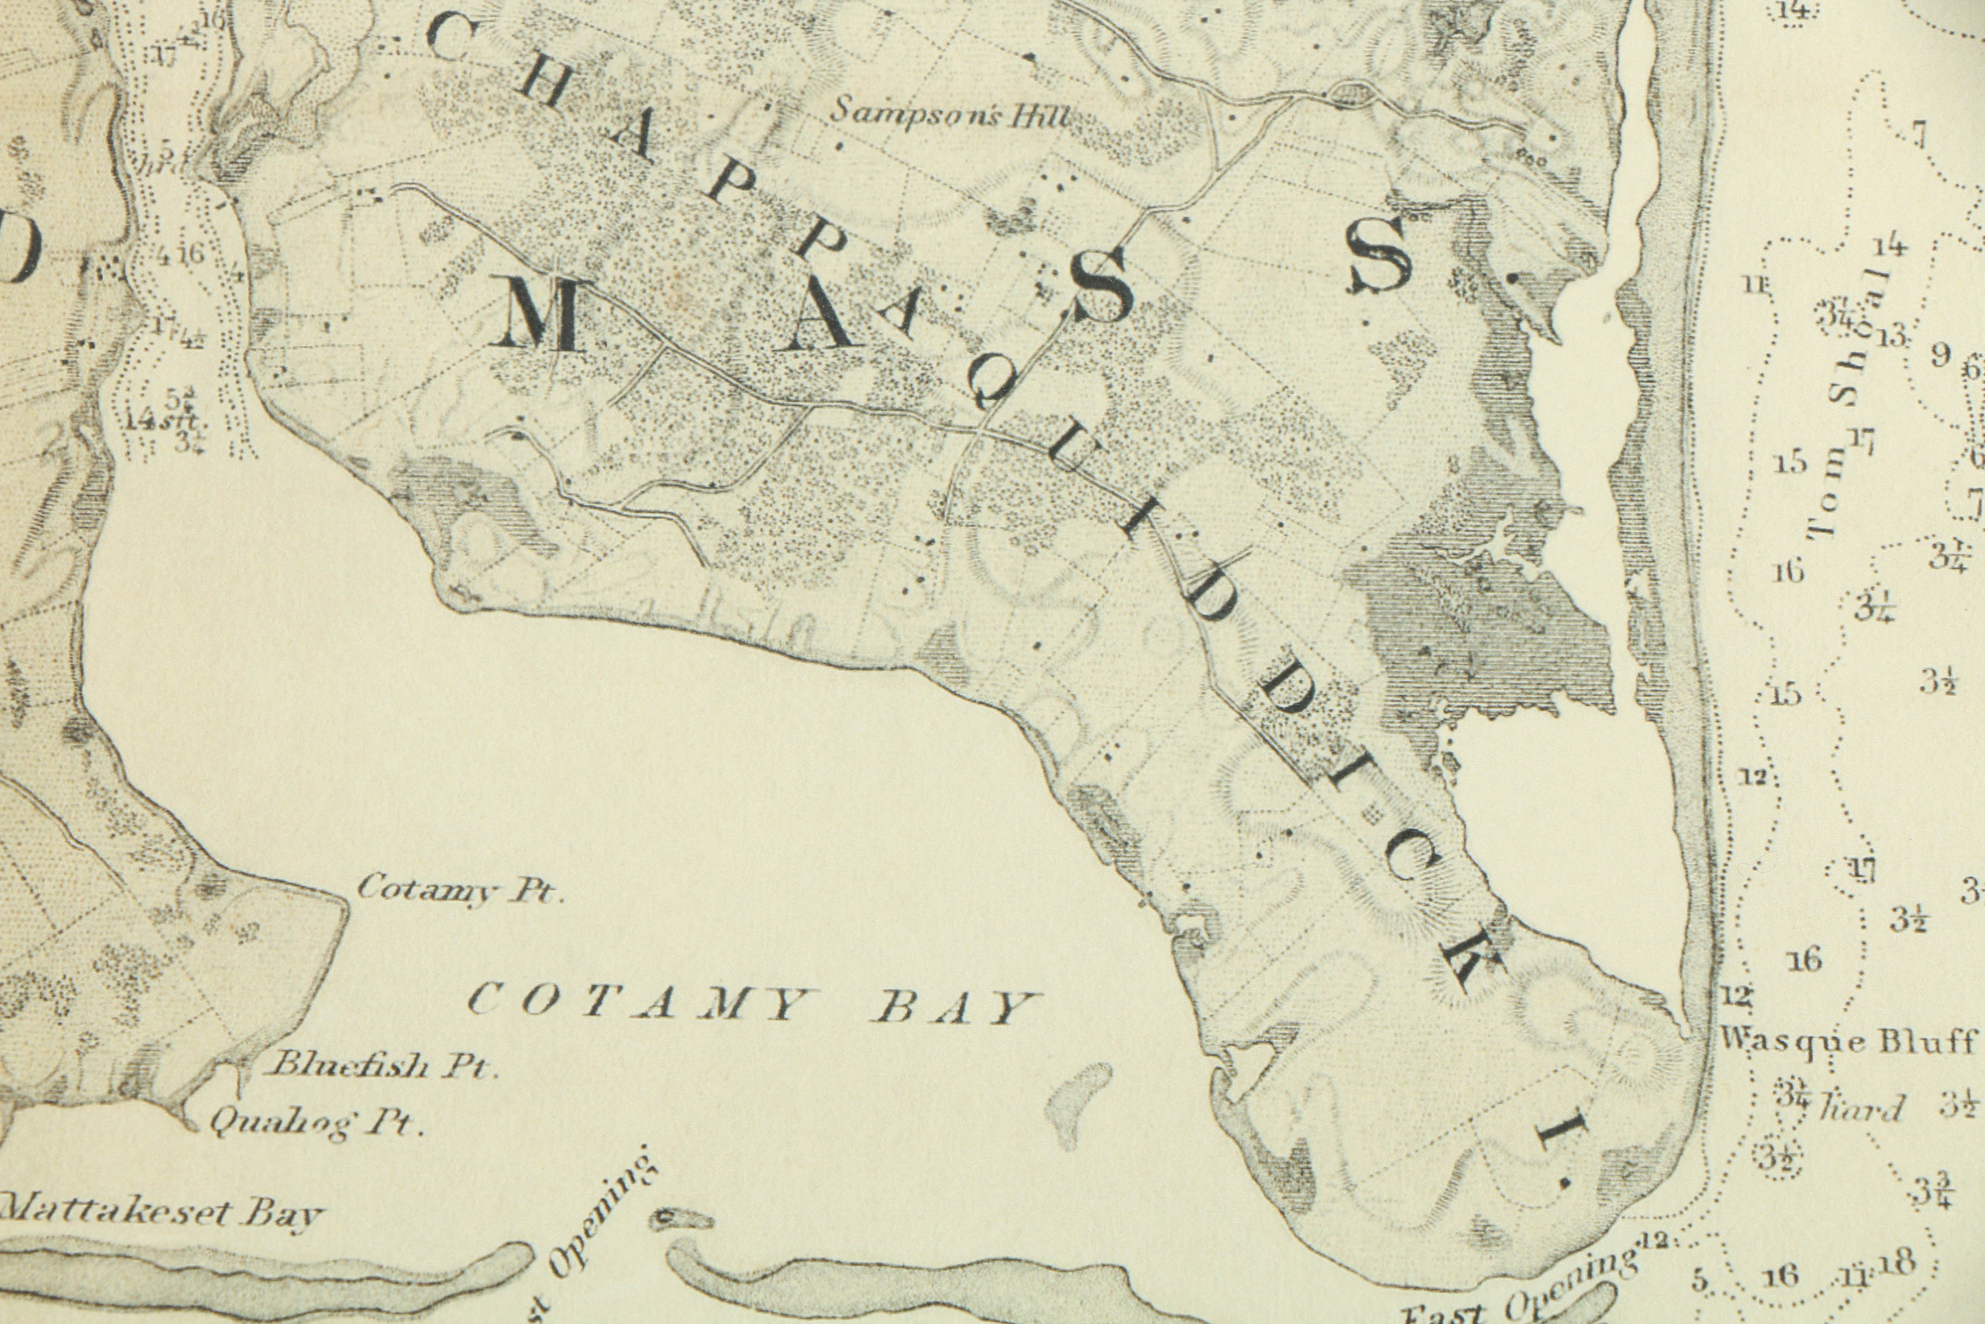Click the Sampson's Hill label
950,112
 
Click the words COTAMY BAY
751,1005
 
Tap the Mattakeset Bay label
161,1212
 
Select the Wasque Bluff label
1848,1040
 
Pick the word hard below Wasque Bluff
1861,1108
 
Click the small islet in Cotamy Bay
1076,1102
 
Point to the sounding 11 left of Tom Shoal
1755,285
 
